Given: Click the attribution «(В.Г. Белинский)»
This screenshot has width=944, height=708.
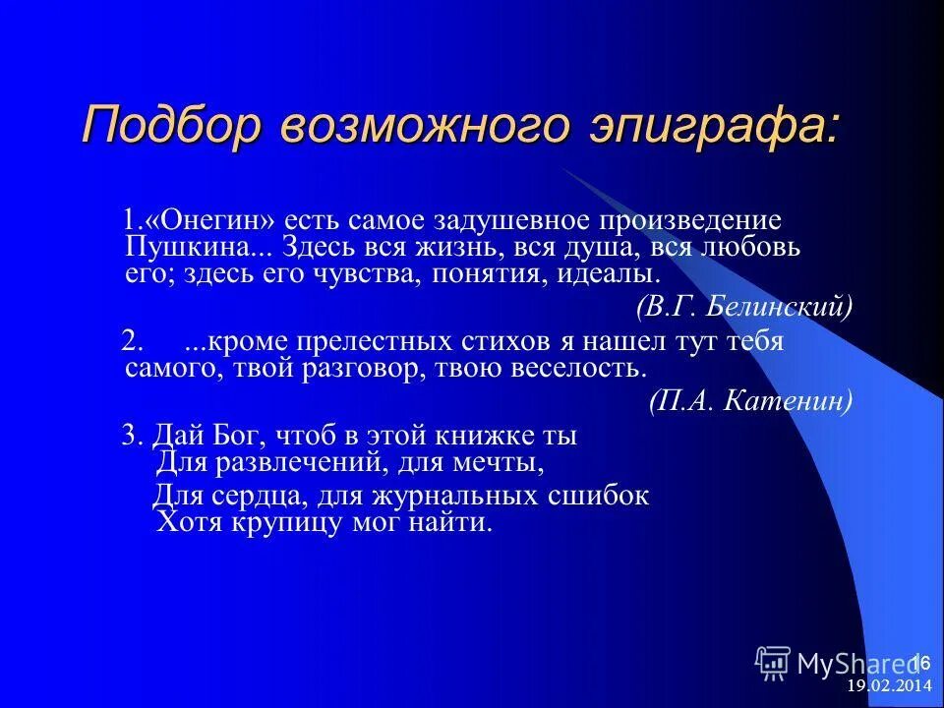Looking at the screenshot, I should [x=744, y=307].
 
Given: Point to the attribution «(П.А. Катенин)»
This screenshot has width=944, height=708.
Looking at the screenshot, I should [x=751, y=400].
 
